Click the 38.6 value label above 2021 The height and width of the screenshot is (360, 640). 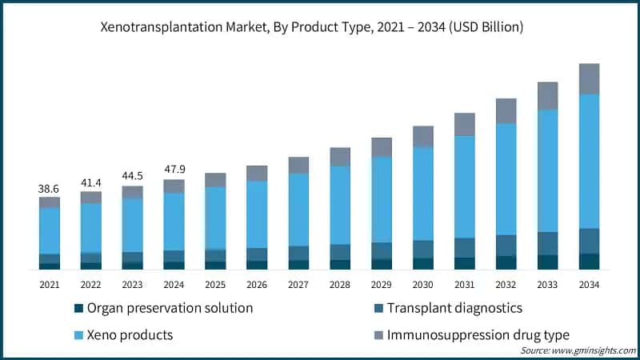click(x=50, y=188)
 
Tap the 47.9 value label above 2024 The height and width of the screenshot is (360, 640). click(x=174, y=170)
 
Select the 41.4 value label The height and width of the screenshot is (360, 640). click(x=91, y=182)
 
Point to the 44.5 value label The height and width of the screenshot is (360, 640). click(x=133, y=177)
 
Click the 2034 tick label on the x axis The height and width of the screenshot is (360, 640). click(x=589, y=284)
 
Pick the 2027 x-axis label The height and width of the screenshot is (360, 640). click(x=298, y=284)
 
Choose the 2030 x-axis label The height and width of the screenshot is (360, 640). click(x=423, y=284)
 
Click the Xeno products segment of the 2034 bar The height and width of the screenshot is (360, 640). click(x=589, y=161)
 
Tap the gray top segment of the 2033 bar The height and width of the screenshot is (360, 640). click(x=547, y=96)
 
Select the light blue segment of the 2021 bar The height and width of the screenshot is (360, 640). click(x=50, y=230)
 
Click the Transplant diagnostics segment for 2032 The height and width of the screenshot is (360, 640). click(x=506, y=245)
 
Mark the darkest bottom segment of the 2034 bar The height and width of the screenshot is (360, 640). click(x=589, y=262)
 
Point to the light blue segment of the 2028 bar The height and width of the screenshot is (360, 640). click(x=340, y=205)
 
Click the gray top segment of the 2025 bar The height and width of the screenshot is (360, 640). click(x=215, y=180)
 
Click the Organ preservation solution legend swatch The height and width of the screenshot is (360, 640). click(x=78, y=308)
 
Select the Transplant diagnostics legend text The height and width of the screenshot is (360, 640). click(x=454, y=308)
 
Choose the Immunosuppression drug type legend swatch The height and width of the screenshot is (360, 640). click(x=377, y=334)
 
